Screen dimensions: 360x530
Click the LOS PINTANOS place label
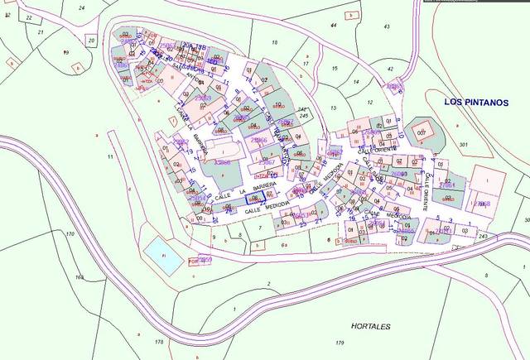(475, 102)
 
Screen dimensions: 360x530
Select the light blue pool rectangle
(156, 248)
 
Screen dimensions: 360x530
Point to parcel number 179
(338, 343)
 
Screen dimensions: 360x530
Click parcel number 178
(159, 342)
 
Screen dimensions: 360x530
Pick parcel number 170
(70, 235)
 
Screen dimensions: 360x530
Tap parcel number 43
(386, 27)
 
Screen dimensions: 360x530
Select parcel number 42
(390, 70)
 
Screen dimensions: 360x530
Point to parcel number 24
(81, 7)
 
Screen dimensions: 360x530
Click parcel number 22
(29, 17)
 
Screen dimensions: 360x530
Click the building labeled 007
(422, 133)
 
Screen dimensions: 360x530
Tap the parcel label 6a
(283, 245)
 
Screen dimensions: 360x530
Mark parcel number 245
(305, 116)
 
